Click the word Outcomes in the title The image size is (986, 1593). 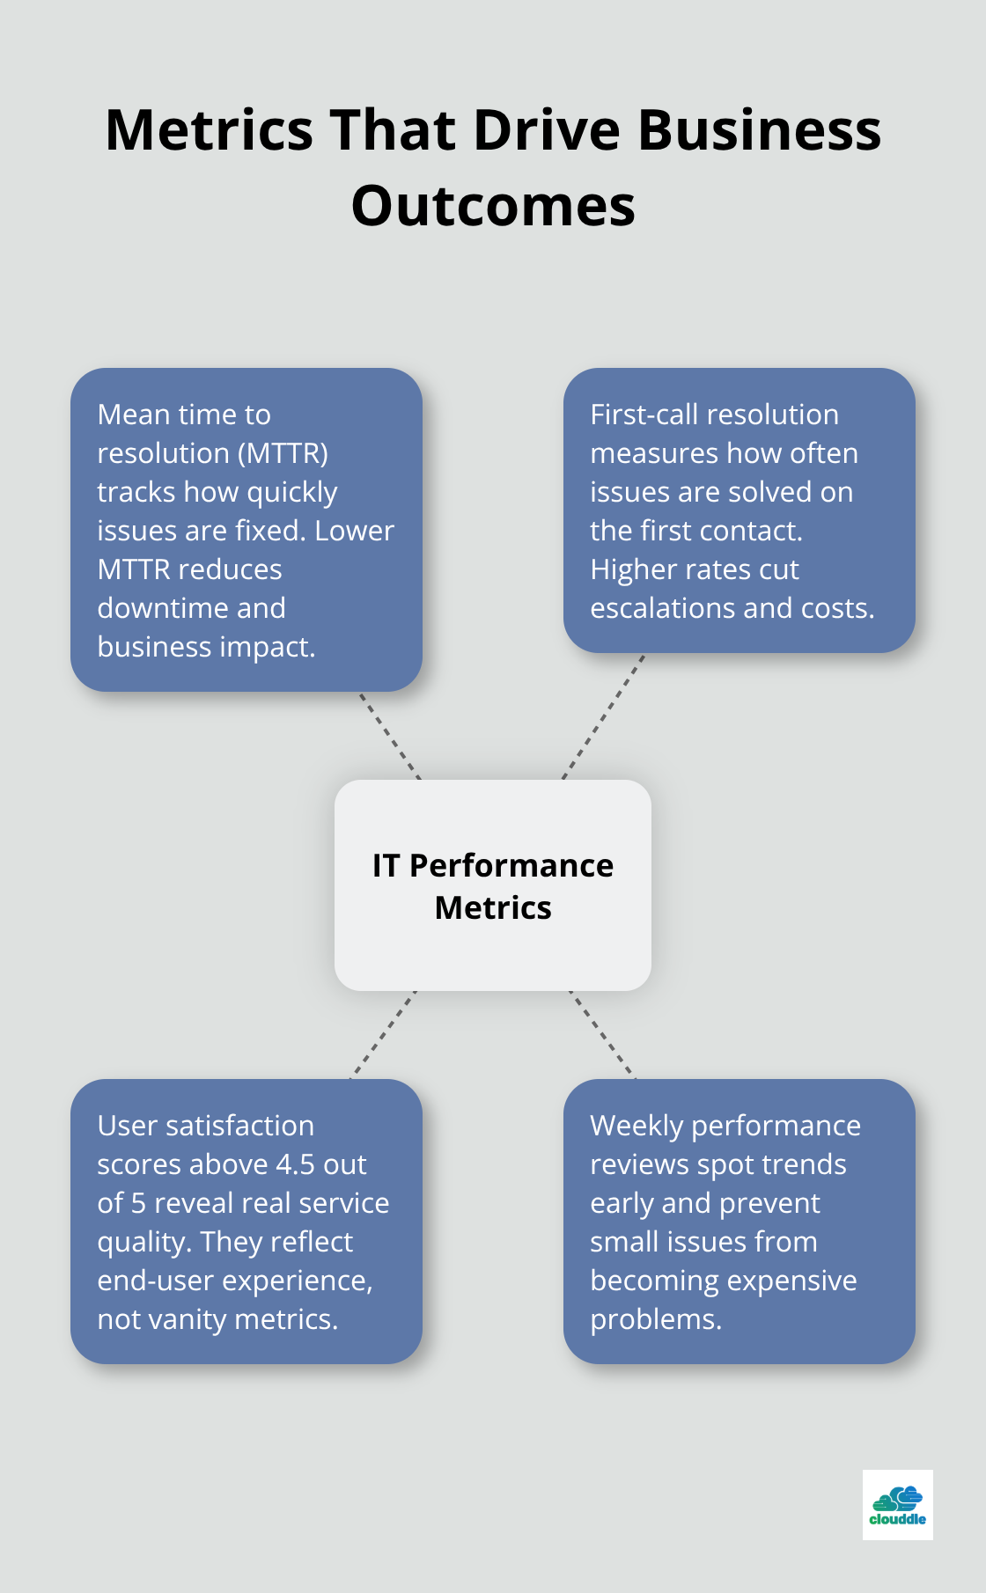pyautogui.click(x=493, y=206)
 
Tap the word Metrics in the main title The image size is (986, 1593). pyautogui.click(x=209, y=130)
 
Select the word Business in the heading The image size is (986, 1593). pyautogui.click(x=759, y=130)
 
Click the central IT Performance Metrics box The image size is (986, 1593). pyautogui.click(x=493, y=885)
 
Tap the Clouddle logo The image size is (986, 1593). pyautogui.click(x=897, y=1504)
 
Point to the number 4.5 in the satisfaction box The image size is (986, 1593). pyautogui.click(x=295, y=1164)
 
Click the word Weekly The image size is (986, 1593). pyautogui.click(x=636, y=1126)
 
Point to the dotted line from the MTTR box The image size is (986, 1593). pyautogui.click(x=389, y=736)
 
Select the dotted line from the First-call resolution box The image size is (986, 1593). pyautogui.click(x=604, y=716)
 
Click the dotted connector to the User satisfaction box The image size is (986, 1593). pyautogui.click(x=384, y=1034)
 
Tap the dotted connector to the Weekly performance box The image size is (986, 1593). pyautogui.click(x=602, y=1034)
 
